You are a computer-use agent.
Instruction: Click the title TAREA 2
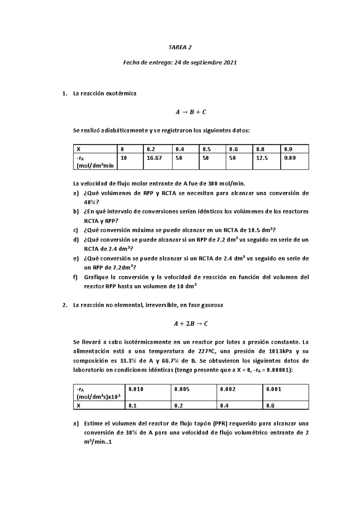tap(180, 47)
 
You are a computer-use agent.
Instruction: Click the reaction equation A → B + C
tap(191, 112)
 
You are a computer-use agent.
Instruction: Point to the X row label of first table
tap(79, 149)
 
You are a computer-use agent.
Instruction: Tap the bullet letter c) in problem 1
tap(76, 230)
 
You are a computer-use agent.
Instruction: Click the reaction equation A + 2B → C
tap(191, 324)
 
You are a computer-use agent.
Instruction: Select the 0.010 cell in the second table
tap(136, 389)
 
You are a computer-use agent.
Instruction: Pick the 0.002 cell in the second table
tap(228, 389)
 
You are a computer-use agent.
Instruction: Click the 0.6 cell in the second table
tap(270, 406)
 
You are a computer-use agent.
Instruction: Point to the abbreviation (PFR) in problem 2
tap(222, 424)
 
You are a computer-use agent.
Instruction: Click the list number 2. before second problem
tap(64, 305)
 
